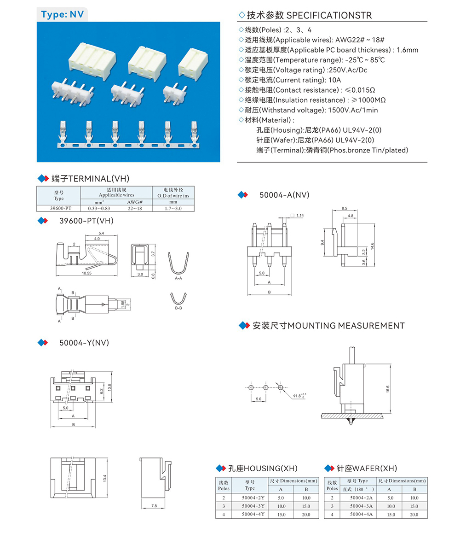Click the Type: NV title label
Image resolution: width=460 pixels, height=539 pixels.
(x=62, y=14)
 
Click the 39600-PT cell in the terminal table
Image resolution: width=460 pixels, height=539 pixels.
(x=58, y=208)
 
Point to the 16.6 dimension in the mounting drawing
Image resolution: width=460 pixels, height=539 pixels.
(x=388, y=389)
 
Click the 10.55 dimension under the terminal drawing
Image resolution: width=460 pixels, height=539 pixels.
(x=87, y=273)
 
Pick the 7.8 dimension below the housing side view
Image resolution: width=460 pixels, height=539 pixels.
(x=154, y=506)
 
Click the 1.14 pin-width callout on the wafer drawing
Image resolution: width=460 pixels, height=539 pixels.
(x=300, y=216)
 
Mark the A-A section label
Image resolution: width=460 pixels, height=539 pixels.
(x=178, y=279)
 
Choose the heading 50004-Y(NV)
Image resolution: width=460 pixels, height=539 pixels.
(x=84, y=343)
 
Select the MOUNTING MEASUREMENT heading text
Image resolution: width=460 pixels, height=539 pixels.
(x=328, y=326)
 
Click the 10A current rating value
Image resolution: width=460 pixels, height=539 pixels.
(x=325, y=80)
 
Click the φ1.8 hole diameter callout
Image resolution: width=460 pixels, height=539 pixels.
(x=299, y=395)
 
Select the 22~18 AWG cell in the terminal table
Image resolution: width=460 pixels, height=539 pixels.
(x=134, y=208)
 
